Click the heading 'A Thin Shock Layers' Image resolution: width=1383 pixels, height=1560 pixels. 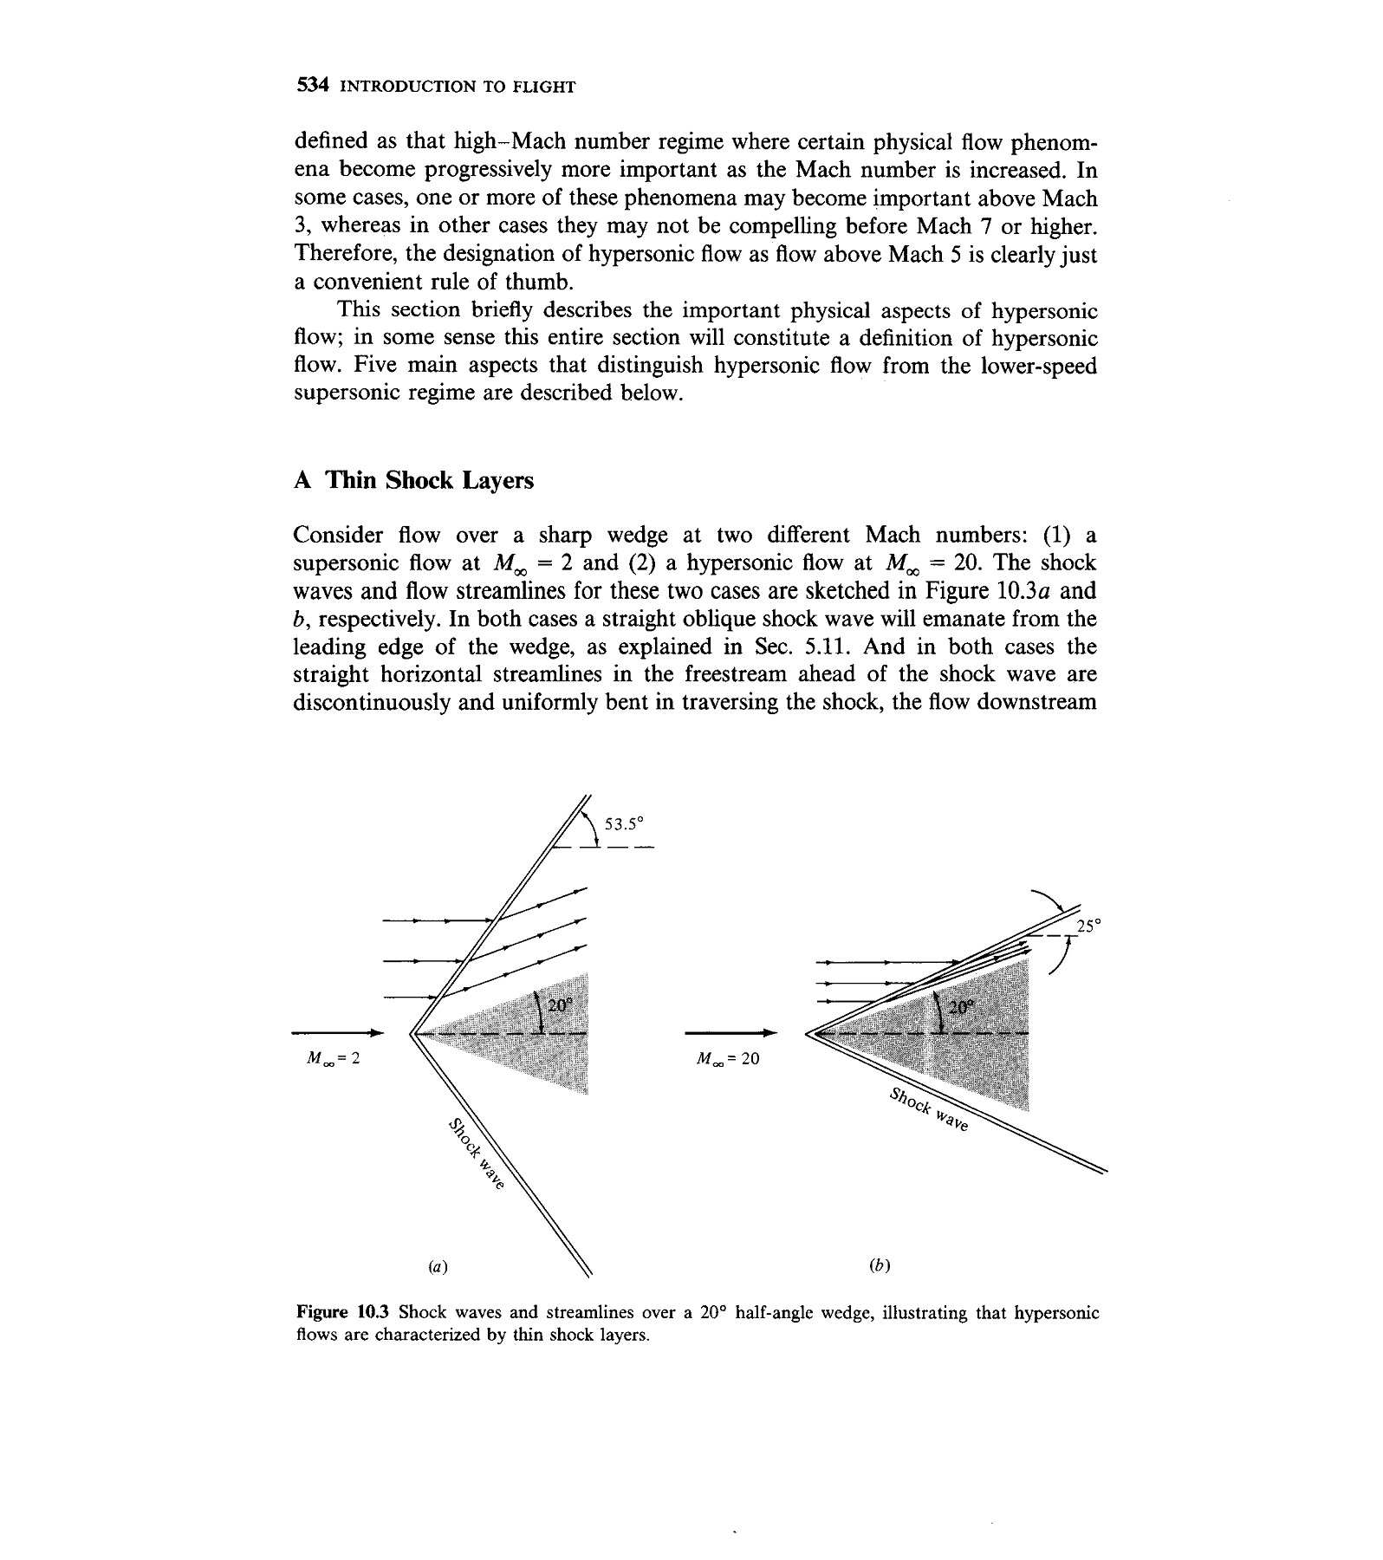point(413,480)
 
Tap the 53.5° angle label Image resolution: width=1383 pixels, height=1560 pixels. point(626,824)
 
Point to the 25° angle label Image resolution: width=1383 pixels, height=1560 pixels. point(1088,926)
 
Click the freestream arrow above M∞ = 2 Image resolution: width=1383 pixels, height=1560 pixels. point(337,1032)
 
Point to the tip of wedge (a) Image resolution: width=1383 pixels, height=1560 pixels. point(411,1033)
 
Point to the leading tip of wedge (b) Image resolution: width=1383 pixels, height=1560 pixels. point(808,1033)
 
